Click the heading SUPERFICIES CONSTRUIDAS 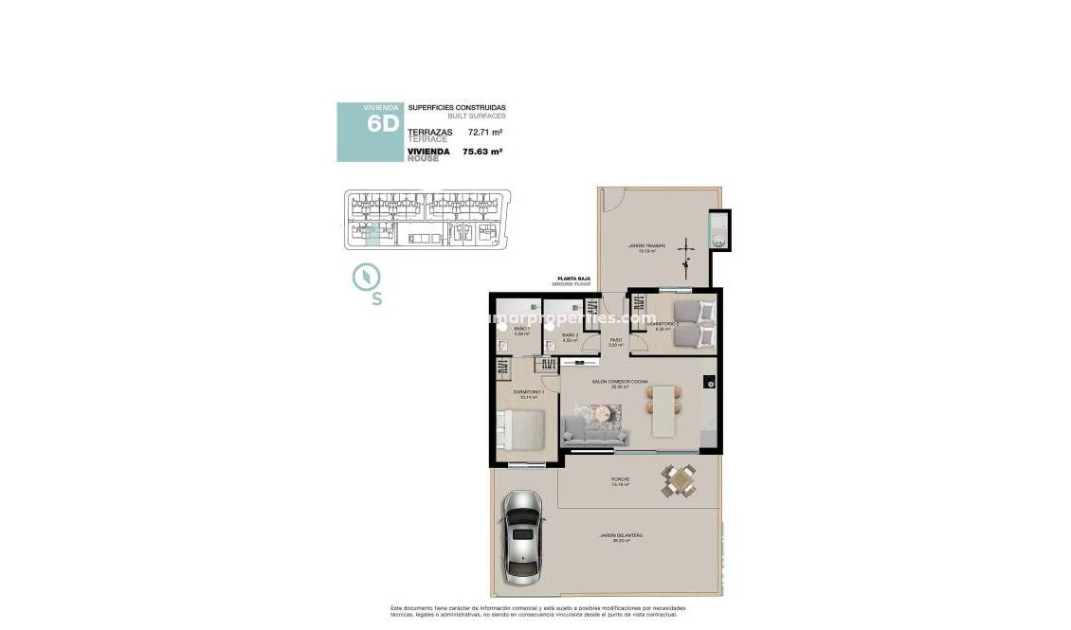[457, 108]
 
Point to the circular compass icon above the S [366, 277]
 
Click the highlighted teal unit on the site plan [372, 236]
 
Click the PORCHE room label [621, 480]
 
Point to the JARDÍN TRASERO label [647, 246]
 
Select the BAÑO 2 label [570, 335]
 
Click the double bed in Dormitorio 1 [519, 430]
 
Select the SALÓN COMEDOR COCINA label [620, 382]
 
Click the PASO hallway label [614, 340]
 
